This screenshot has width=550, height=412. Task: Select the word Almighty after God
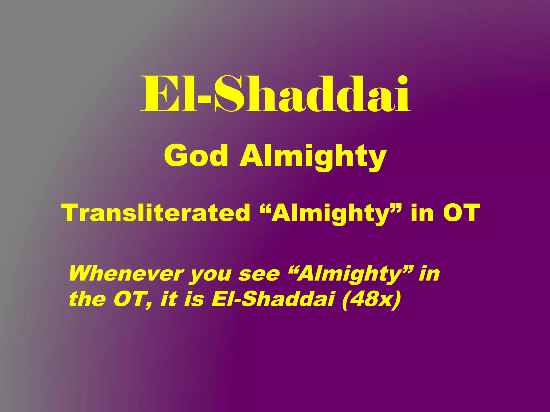point(313,157)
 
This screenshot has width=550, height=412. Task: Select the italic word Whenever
point(126,274)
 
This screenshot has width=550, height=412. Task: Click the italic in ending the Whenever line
point(429,274)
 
